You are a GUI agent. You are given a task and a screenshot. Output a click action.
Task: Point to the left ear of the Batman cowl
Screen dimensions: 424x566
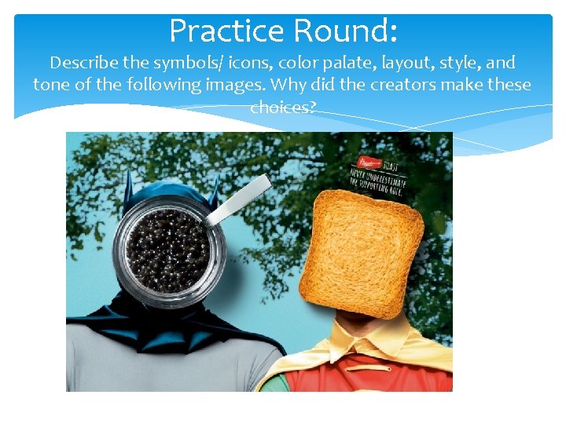click(128, 188)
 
